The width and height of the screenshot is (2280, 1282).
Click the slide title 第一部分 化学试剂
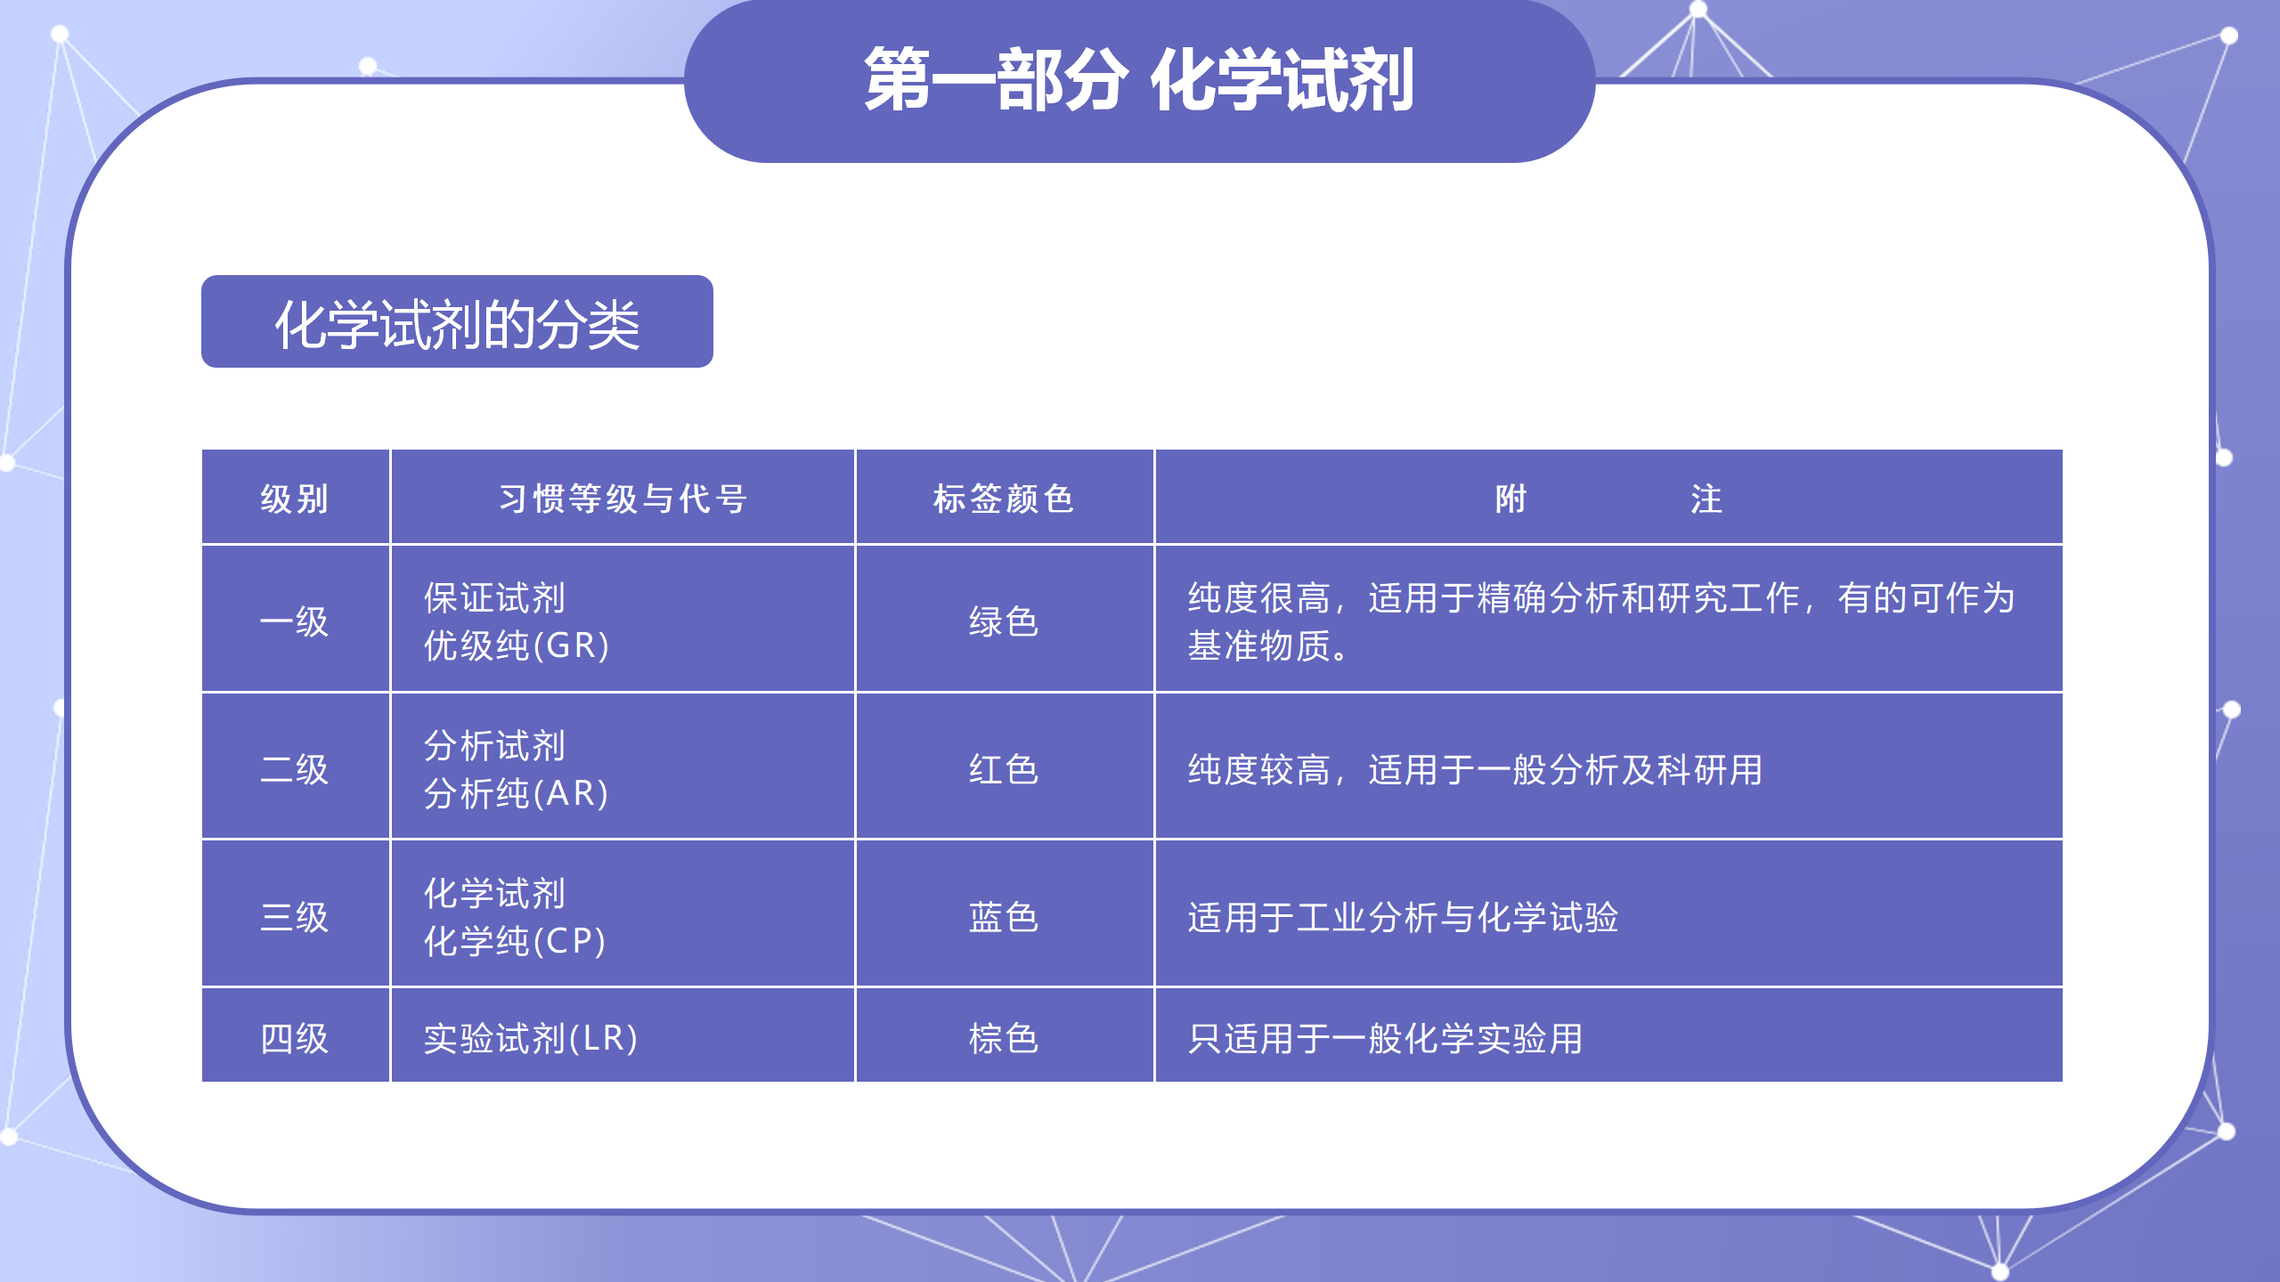[1139, 80]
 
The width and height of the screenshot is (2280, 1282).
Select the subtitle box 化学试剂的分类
[457, 321]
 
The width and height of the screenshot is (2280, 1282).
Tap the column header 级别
[295, 499]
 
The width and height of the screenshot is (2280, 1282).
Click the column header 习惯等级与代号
[623, 499]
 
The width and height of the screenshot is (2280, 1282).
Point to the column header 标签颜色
[1004, 499]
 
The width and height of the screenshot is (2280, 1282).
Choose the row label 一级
[295, 621]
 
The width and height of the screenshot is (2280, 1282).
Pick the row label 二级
[295, 769]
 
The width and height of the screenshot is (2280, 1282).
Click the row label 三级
[295, 917]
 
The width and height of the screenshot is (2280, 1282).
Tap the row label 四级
[295, 1038]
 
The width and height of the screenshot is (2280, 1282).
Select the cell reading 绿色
[1004, 621]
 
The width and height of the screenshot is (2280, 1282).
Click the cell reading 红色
[1004, 769]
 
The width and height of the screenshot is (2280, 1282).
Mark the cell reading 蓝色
[1004, 917]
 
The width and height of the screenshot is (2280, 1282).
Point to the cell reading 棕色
[1004, 1038]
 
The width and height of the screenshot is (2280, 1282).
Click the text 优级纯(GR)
[517, 645]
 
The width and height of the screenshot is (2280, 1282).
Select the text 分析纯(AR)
[517, 793]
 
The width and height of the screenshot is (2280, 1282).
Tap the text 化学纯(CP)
[515, 941]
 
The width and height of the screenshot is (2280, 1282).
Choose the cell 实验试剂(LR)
[531, 1038]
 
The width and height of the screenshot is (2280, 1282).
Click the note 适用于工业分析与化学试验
[1403, 917]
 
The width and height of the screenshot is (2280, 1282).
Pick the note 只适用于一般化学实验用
[1385, 1038]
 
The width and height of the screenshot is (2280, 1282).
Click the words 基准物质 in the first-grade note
[1258, 645]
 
